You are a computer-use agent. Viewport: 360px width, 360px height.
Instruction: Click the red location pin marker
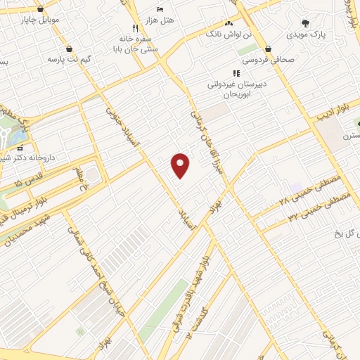pos(181,165)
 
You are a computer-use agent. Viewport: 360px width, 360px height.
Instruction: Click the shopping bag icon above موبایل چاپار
pos(41,9)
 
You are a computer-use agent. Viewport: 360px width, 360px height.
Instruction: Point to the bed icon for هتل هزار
pos(160,8)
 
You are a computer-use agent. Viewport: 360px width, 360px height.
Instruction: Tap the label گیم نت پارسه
pos(70,59)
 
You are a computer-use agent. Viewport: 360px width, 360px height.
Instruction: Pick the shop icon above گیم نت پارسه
pos(70,49)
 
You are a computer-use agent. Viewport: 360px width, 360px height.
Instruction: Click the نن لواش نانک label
pos(224,33)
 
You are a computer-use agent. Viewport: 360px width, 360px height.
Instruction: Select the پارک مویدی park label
pos(307,33)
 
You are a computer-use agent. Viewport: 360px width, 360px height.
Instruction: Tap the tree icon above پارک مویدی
pos(304,22)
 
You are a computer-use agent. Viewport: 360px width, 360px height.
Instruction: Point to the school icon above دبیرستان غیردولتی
pos(236,72)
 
